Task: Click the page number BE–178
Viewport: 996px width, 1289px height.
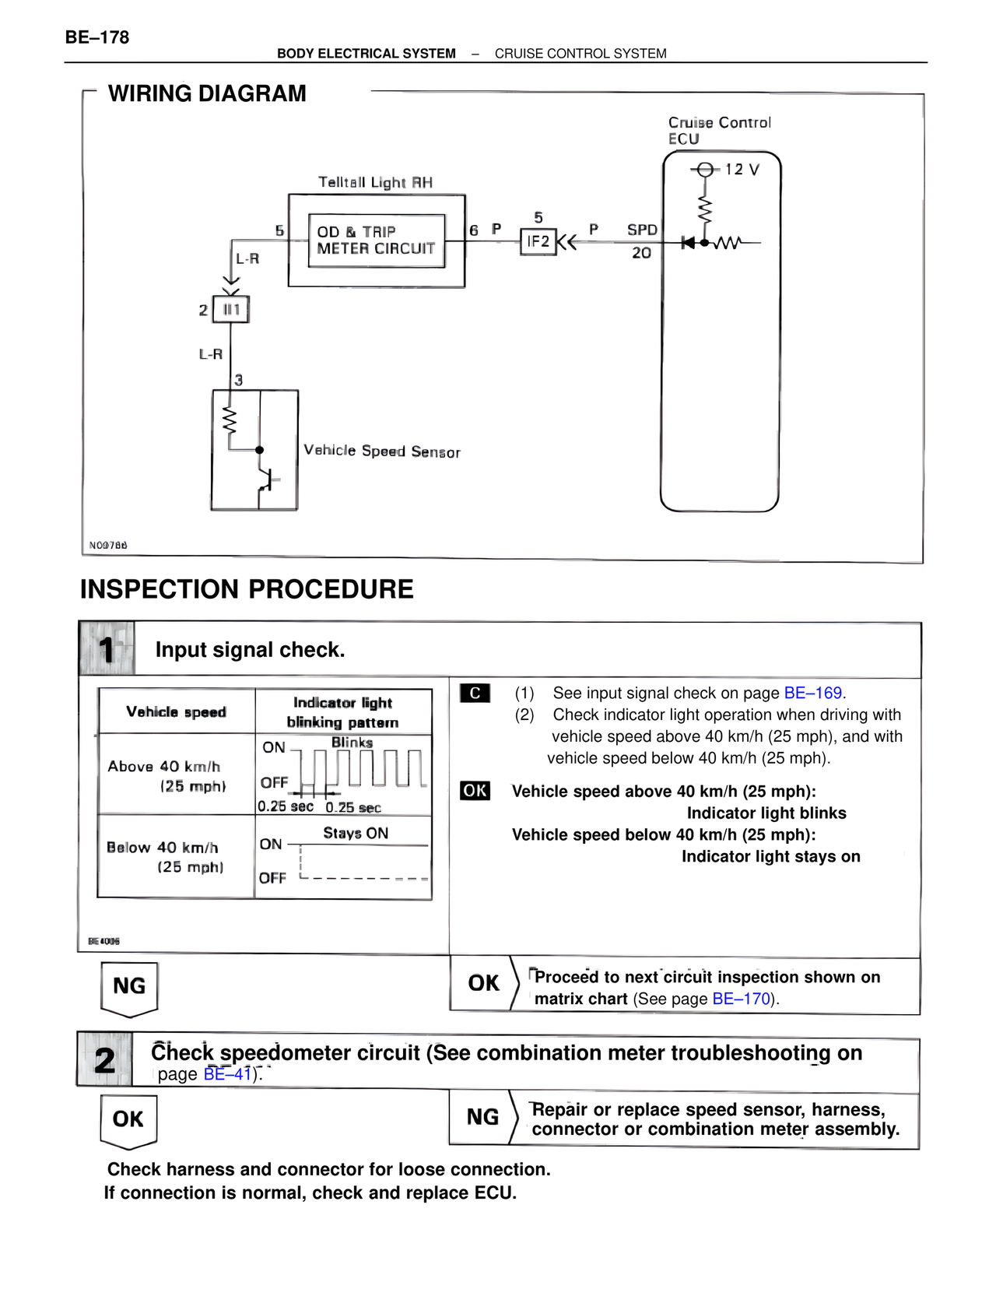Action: click(x=97, y=37)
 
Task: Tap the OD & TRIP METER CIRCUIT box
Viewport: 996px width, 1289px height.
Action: click(x=376, y=241)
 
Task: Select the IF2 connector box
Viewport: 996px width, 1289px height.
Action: click(x=538, y=241)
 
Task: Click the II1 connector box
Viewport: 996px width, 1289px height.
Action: click(x=231, y=310)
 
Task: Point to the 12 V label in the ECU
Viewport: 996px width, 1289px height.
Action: click(x=742, y=169)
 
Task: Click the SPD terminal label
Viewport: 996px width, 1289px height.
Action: click(x=642, y=230)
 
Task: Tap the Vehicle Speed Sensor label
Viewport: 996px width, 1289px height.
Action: click(x=381, y=451)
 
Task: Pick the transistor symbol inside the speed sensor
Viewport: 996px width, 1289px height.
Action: click(x=266, y=480)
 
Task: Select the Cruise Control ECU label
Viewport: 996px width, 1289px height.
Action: click(x=719, y=130)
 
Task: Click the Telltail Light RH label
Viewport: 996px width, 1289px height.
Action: click(x=375, y=182)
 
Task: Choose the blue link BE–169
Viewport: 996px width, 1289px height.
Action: click(x=812, y=693)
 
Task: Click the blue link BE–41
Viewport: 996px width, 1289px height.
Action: click(x=227, y=1074)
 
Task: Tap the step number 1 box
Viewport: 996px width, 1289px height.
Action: click(x=107, y=649)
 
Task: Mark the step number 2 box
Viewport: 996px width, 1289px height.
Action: click(x=105, y=1060)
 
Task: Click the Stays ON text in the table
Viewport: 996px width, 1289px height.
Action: click(x=356, y=833)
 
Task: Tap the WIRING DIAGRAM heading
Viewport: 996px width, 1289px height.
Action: click(x=207, y=93)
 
